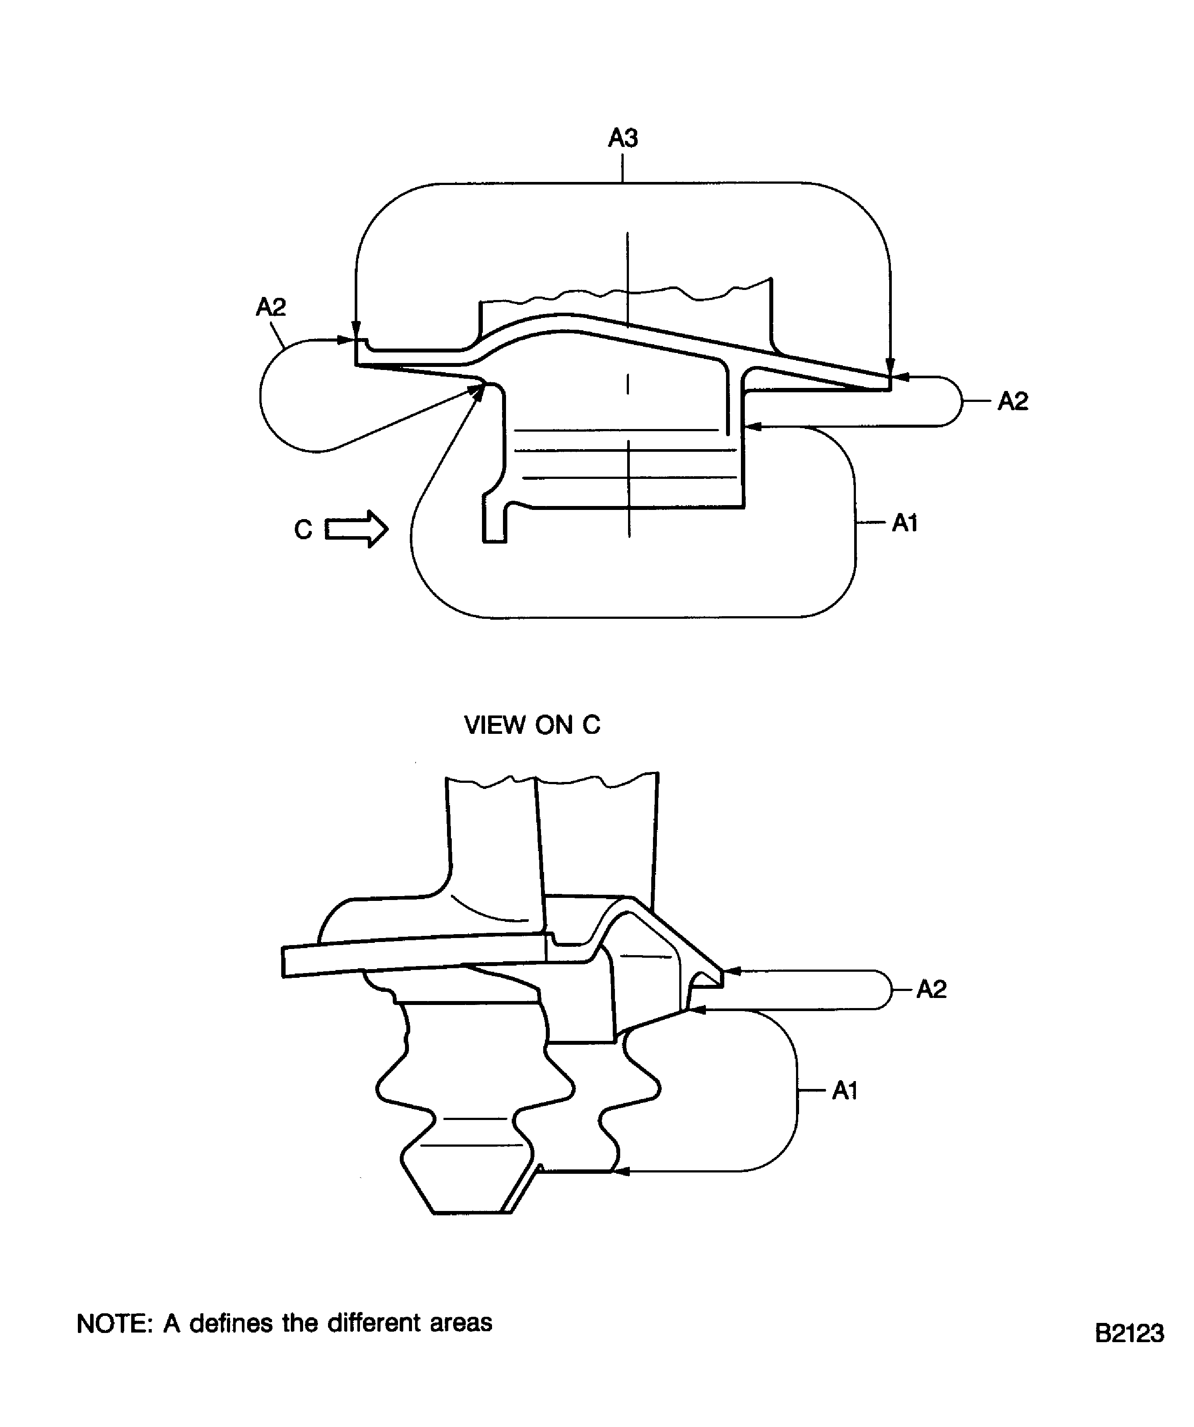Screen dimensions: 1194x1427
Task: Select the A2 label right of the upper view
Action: tap(1012, 401)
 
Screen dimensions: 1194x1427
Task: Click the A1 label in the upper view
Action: tap(904, 523)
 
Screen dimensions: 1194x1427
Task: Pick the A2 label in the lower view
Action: tap(931, 989)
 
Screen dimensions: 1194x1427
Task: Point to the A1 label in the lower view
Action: tap(845, 1091)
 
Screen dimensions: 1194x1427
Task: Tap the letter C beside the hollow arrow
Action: tap(303, 529)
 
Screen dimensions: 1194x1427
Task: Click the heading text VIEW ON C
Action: tap(532, 725)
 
